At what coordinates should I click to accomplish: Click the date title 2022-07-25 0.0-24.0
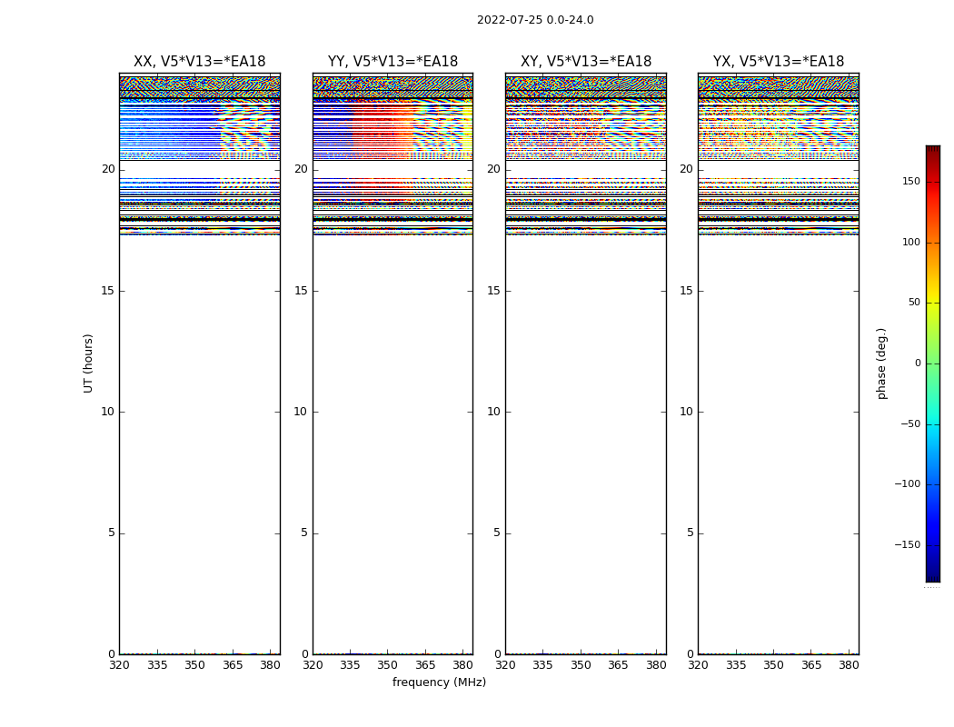(535, 20)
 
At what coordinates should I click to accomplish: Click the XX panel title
(199, 62)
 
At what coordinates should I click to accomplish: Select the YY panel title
(393, 62)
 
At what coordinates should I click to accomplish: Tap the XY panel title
(585, 62)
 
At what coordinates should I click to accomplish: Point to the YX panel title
(778, 62)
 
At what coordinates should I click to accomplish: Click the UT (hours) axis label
(88, 363)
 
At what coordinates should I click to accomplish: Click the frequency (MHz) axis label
(439, 682)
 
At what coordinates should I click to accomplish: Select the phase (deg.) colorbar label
(881, 363)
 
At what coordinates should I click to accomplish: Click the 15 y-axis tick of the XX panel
(108, 291)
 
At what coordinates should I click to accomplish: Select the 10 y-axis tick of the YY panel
(301, 412)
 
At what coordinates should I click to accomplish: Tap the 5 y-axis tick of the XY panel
(497, 533)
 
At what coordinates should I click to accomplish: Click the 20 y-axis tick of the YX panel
(686, 169)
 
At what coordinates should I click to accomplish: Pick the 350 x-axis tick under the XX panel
(194, 665)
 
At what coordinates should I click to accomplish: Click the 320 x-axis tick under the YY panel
(313, 665)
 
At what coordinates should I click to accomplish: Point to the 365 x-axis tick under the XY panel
(618, 665)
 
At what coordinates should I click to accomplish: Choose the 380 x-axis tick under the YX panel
(849, 665)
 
